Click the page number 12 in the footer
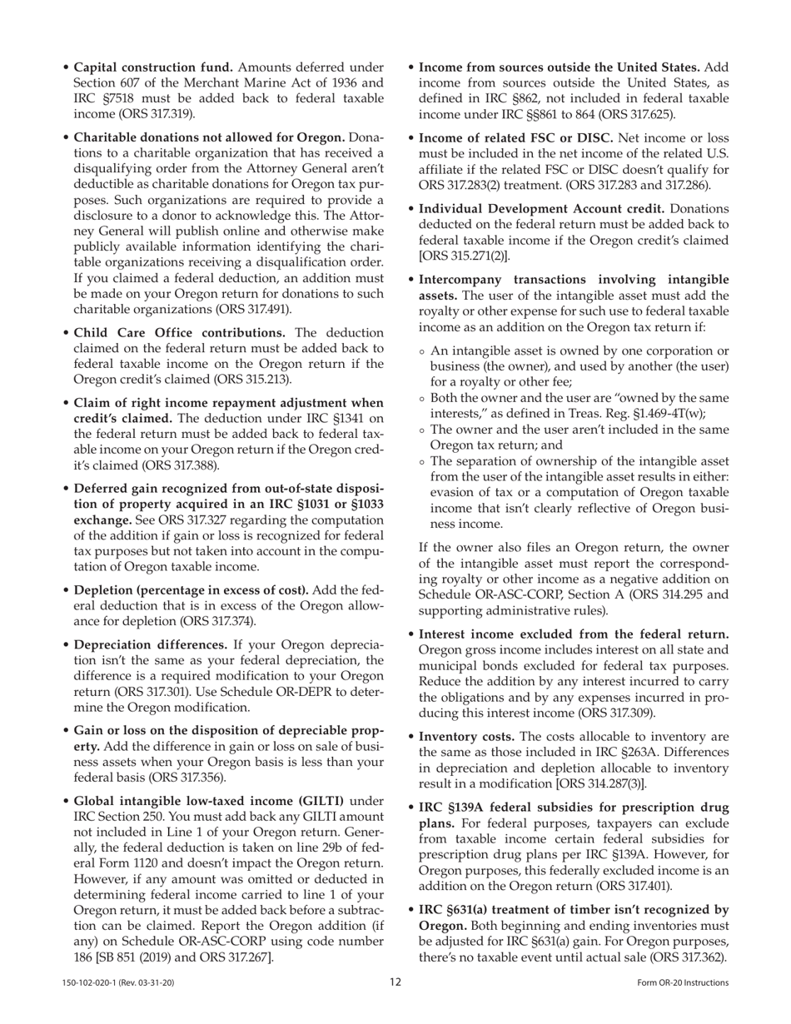click(395, 982)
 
